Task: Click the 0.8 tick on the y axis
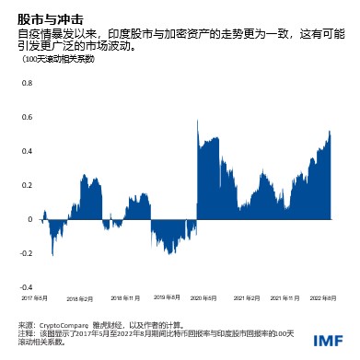(x=27, y=82)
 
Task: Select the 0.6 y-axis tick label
(x=27, y=117)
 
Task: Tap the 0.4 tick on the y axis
(x=27, y=151)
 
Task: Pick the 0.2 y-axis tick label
(x=27, y=186)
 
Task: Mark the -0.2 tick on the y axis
(x=26, y=254)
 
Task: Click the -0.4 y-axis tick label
(x=26, y=288)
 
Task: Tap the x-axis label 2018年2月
(x=78, y=298)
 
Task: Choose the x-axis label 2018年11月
(x=126, y=298)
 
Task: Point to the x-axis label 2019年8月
(x=168, y=298)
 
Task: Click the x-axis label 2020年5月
(x=203, y=298)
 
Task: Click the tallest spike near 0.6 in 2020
(x=196, y=122)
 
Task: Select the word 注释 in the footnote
(x=25, y=333)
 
